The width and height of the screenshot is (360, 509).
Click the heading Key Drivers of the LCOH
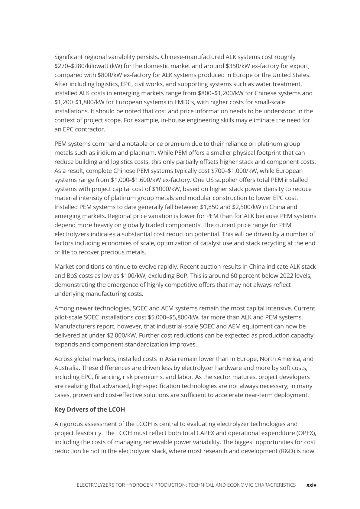[89, 409]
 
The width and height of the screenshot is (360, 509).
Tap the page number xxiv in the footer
[311, 485]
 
